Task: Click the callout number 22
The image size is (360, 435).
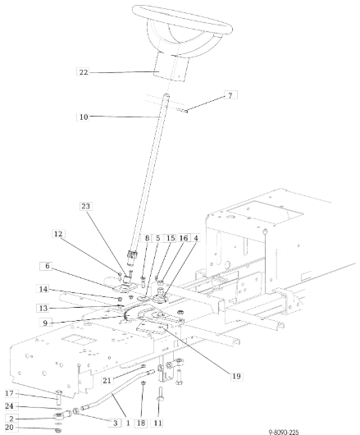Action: [x=84, y=72]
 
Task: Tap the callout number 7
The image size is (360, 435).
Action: [x=230, y=95]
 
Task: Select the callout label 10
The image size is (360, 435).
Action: [x=84, y=117]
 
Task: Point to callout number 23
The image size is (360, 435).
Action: [x=85, y=206]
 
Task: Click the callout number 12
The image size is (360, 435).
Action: [x=58, y=234]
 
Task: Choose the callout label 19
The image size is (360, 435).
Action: [x=236, y=376]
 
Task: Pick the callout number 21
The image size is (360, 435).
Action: [x=107, y=380]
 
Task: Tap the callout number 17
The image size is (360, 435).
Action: [x=9, y=393]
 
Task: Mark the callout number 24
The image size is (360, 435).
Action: [x=9, y=406]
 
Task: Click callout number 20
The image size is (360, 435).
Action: [x=9, y=428]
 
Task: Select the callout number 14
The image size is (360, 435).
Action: [x=43, y=289]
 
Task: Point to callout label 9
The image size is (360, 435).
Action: [x=45, y=323]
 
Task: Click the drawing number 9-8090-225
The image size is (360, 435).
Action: [x=284, y=432]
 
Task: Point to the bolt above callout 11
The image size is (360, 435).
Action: [x=160, y=394]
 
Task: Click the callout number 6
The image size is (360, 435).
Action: [x=48, y=266]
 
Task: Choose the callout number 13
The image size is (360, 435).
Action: [x=43, y=308]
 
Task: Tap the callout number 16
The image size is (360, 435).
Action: [x=184, y=238]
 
